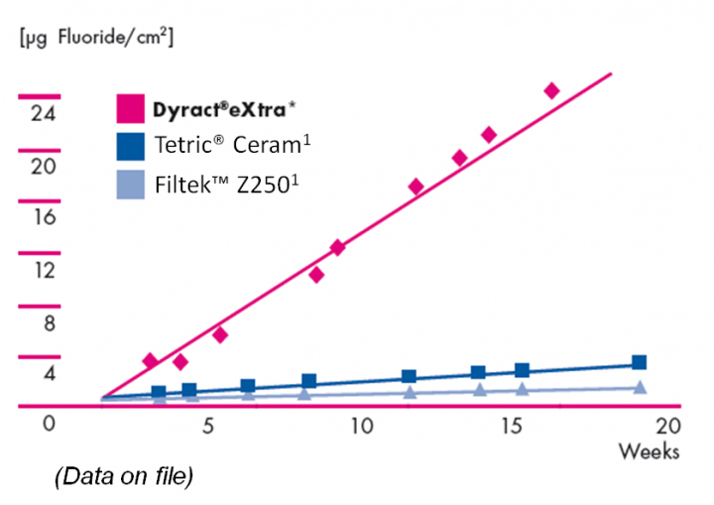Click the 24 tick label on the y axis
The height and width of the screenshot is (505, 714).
point(41,114)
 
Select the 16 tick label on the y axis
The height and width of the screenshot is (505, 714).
point(41,217)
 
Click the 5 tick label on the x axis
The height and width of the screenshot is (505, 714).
point(207,427)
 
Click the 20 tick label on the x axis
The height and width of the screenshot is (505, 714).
point(669,427)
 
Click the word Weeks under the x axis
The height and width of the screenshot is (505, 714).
point(650,451)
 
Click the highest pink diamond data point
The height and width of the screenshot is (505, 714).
point(552,91)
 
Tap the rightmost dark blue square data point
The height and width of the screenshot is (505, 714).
point(639,363)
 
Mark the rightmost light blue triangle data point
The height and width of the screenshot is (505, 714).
point(640,387)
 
